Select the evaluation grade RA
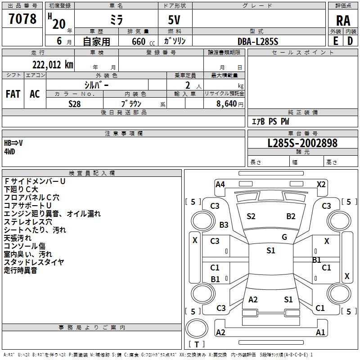(x=343, y=21)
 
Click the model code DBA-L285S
(x=258, y=41)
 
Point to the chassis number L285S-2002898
(x=302, y=143)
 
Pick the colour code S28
(x=75, y=103)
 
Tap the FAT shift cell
(x=13, y=94)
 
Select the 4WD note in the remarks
(x=9, y=152)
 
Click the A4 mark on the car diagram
(x=220, y=184)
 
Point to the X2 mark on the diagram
(x=321, y=184)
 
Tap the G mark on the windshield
(x=284, y=237)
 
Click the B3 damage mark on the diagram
(x=224, y=225)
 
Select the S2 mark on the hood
(x=251, y=216)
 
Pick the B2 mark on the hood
(x=291, y=216)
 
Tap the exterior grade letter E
(x=335, y=41)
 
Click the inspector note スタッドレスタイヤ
(x=34, y=262)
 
